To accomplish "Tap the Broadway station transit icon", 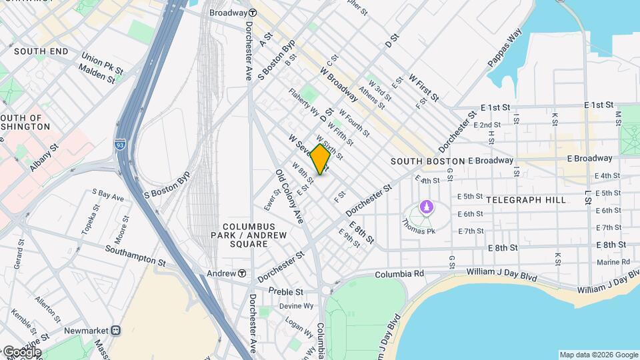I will click(x=253, y=13).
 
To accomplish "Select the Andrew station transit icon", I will click(x=241, y=273).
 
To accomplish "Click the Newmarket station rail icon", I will click(x=116, y=330).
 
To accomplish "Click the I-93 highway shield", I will click(x=120, y=143).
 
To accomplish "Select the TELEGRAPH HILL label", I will click(x=526, y=199).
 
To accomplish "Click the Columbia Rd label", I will click(x=399, y=274).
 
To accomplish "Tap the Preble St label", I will click(x=285, y=291).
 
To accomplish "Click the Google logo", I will click(x=21, y=351).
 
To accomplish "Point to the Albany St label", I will click(x=44, y=157).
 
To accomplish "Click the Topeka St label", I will click(x=89, y=221).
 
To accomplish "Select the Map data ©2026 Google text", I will click(x=598, y=355).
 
